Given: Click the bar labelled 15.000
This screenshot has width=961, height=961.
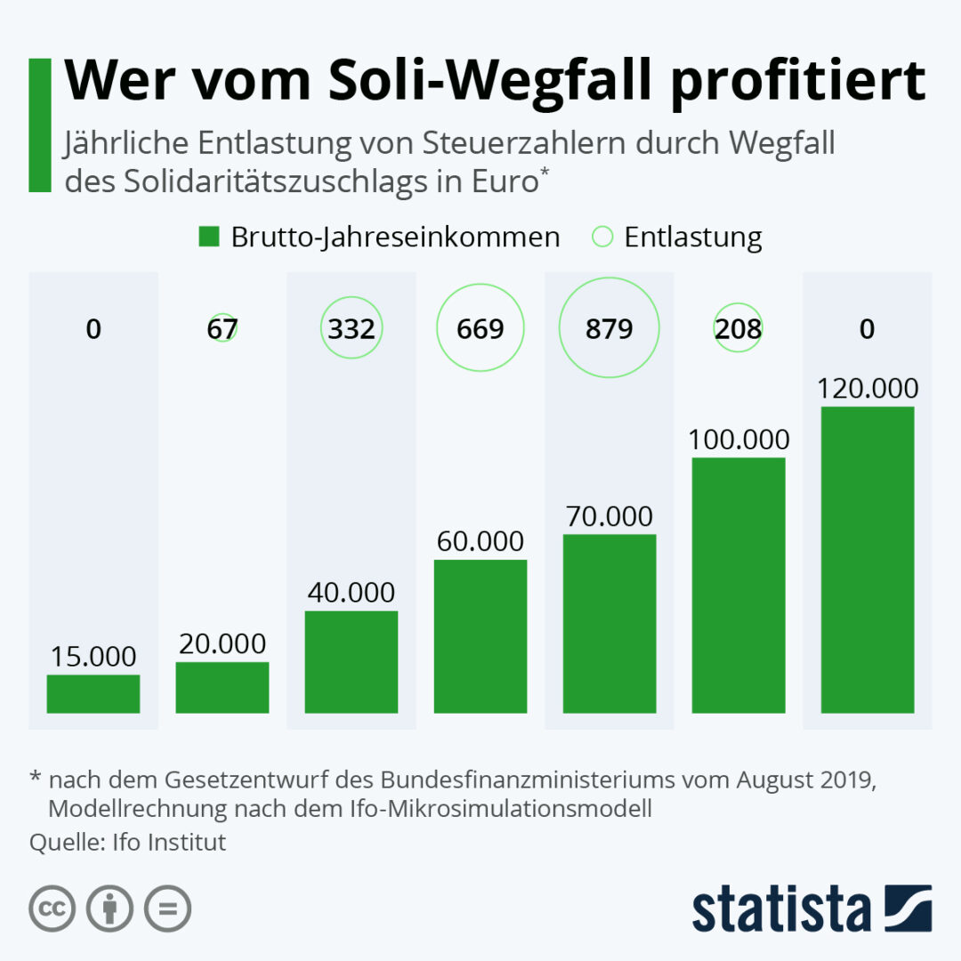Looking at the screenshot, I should (93, 694).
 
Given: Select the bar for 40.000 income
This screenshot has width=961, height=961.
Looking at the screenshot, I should (351, 662).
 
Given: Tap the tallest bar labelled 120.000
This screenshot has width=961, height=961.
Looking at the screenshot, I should (868, 560).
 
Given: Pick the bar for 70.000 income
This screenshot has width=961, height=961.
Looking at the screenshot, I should (610, 624).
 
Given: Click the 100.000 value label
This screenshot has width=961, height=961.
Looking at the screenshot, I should (739, 440).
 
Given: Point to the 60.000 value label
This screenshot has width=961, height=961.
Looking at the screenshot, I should (480, 541).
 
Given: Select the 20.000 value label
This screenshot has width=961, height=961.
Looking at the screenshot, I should (222, 643).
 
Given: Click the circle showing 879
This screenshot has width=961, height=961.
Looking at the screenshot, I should (610, 328).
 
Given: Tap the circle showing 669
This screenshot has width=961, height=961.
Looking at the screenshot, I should (480, 328).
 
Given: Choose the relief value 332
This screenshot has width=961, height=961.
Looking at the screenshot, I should (351, 328).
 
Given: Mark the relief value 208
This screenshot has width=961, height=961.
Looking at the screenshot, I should (739, 328).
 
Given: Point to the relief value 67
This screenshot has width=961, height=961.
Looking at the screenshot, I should (222, 328).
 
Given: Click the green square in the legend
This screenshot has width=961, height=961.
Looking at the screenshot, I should (209, 237).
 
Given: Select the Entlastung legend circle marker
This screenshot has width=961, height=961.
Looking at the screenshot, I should (602, 237).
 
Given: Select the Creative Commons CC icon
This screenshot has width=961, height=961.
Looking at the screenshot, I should (52, 909).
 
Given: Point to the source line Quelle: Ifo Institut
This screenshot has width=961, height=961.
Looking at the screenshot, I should (128, 842).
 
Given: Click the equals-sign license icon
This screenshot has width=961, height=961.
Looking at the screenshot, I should (167, 909).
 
